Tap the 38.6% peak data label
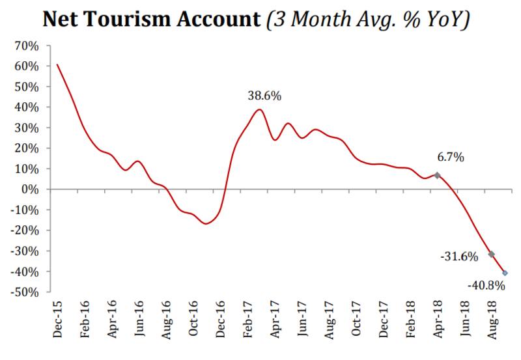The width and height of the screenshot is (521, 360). click(264, 96)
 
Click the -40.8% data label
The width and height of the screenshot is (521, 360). click(485, 284)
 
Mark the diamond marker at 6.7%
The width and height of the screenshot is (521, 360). click(437, 175)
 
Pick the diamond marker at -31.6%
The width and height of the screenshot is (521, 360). click(491, 254)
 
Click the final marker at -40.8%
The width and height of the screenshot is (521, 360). click(505, 273)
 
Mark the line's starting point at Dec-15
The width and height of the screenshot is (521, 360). click(57, 64)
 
